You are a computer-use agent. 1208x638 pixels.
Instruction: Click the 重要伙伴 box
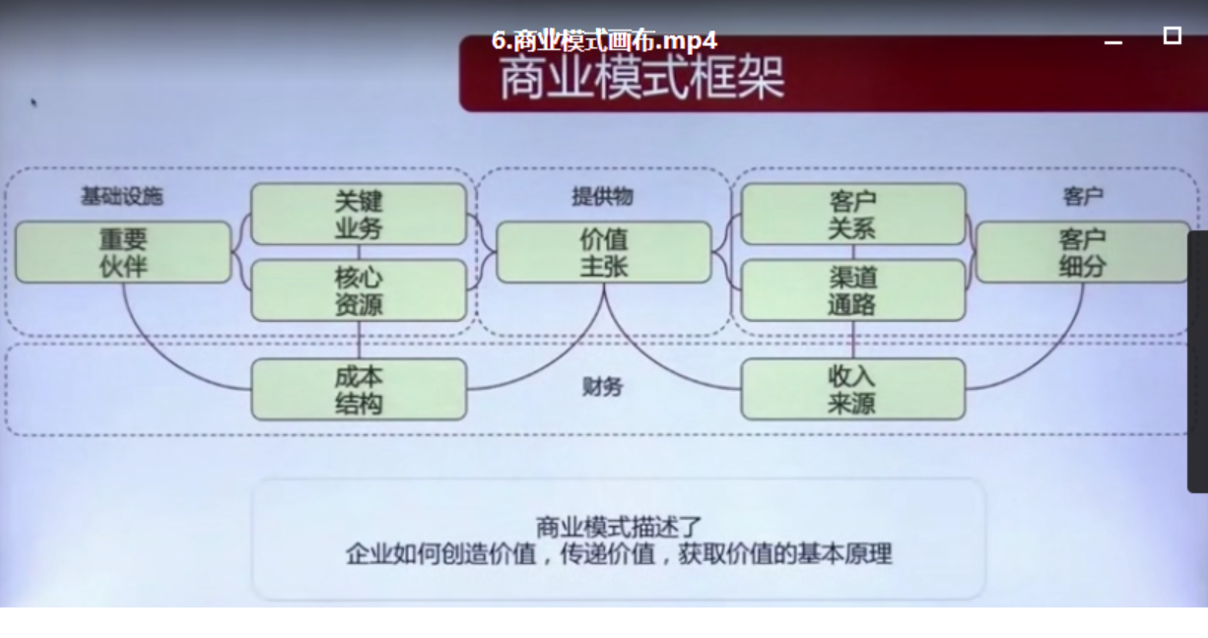coord(123,252)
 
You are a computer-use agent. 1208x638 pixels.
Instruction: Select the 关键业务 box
coord(359,214)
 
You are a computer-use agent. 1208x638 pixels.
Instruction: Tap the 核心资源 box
coord(359,290)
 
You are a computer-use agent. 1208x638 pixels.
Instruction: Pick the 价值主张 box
coord(603,252)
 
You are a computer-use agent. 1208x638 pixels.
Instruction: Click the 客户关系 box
coord(852,214)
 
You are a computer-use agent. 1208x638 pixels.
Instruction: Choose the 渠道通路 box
coord(852,290)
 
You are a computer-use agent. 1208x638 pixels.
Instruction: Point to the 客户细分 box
coord(1082,252)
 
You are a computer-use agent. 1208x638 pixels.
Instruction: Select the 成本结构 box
coord(359,389)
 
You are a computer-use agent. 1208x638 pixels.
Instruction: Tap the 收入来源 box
coord(852,389)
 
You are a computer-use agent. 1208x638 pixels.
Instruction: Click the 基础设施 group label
coord(121,196)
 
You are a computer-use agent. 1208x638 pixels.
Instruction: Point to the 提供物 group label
coord(602,196)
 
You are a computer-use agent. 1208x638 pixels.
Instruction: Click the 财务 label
coord(602,387)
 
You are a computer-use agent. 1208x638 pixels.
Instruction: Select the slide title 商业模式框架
coord(641,79)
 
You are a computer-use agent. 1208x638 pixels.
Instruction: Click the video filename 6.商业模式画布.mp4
coord(604,40)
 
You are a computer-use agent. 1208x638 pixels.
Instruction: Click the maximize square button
coord(1172,35)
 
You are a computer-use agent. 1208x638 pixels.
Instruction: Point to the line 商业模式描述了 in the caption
coord(618,527)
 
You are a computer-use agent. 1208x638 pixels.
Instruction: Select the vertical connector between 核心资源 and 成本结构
coord(359,340)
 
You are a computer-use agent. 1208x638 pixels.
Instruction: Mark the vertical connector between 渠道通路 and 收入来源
coord(852,340)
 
